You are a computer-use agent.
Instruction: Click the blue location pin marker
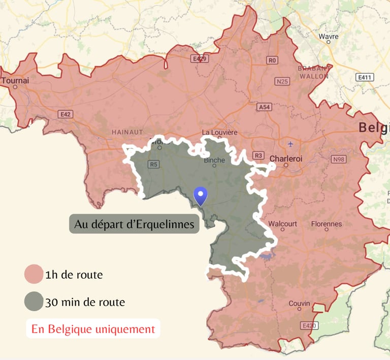pyautogui.click(x=202, y=195)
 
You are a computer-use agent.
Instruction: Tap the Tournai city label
pyautogui.click(x=15, y=81)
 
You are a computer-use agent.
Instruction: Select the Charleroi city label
pyautogui.click(x=285, y=159)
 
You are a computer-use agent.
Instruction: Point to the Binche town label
pyautogui.click(x=214, y=160)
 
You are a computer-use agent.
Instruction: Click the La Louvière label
pyautogui.click(x=219, y=133)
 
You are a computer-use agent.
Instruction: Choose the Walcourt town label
pyautogui.click(x=282, y=223)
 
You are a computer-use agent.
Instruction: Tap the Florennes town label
pyautogui.click(x=326, y=223)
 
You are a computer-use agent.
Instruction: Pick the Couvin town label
pyautogui.click(x=299, y=304)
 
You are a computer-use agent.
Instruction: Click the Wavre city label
pyautogui.click(x=328, y=37)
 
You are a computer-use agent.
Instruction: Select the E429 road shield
pyautogui.click(x=200, y=59)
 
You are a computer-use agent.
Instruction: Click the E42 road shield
pyautogui.click(x=65, y=114)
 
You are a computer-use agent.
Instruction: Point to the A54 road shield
pyautogui.click(x=265, y=107)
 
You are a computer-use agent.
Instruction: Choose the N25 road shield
pyautogui.click(x=282, y=81)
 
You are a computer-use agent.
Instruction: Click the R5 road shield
pyautogui.click(x=153, y=164)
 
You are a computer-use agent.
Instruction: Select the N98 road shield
pyautogui.click(x=339, y=159)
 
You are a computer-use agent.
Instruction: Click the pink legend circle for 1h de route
pyautogui.click(x=34, y=275)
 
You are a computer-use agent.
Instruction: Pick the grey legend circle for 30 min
pyautogui.click(x=34, y=302)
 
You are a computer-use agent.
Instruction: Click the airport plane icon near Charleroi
pyautogui.click(x=290, y=143)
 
